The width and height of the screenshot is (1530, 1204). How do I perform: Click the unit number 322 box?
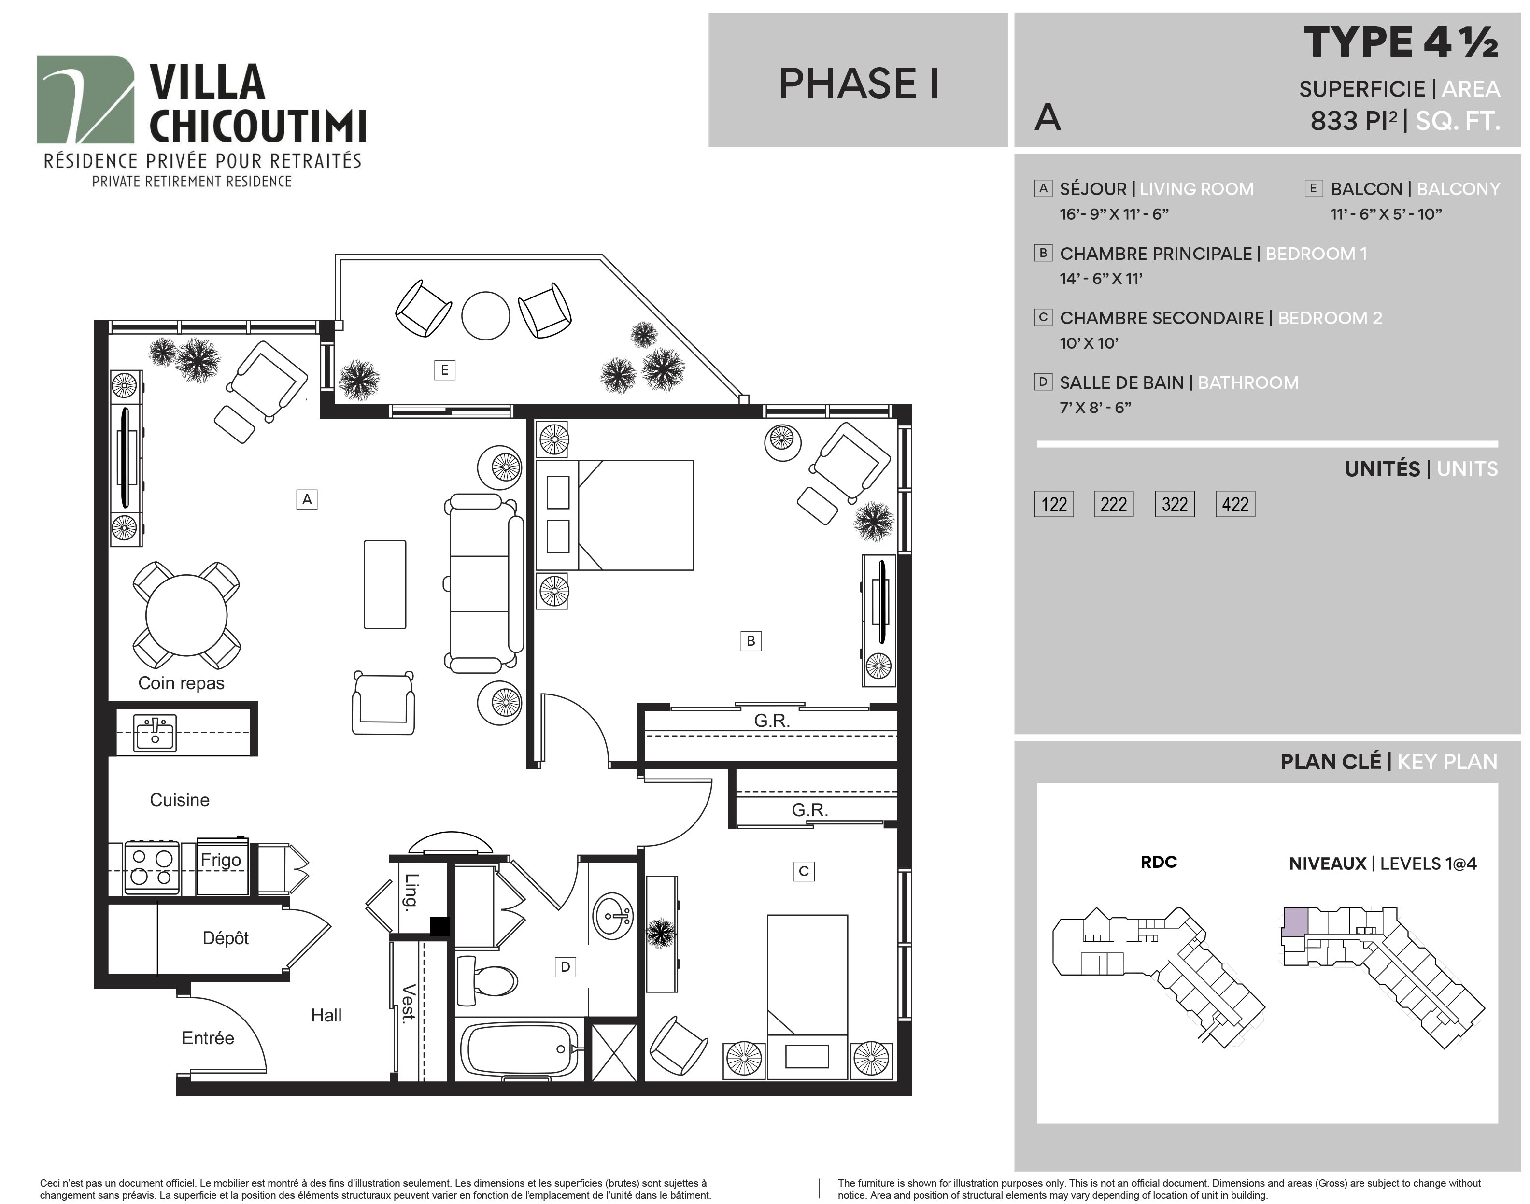1174,504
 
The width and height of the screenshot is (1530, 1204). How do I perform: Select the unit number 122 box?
1054,504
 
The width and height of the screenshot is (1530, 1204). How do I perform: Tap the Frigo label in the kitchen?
221,860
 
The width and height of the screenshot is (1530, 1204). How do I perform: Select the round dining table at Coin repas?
186,615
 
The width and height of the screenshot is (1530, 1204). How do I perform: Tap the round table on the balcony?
485,316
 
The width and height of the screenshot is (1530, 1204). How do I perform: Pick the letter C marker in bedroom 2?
804,871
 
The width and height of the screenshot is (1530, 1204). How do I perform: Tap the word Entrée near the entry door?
208,1038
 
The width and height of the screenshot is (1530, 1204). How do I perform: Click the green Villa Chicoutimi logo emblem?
85,99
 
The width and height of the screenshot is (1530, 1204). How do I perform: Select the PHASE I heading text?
858,83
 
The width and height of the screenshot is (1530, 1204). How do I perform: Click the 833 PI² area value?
1354,121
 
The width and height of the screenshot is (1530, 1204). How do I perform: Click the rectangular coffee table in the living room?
385,584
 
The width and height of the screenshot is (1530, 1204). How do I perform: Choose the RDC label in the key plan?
1159,862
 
